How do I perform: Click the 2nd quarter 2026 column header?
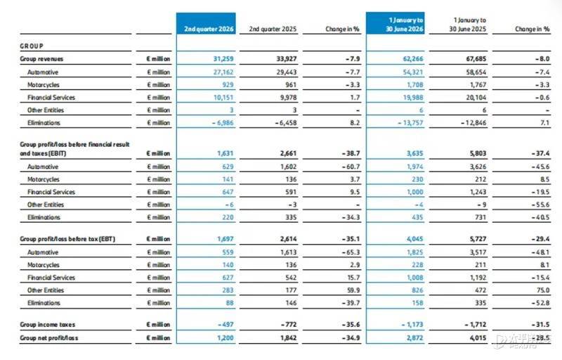[x=209, y=29]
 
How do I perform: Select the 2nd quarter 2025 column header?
[x=273, y=29]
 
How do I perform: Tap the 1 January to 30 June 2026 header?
[x=405, y=25]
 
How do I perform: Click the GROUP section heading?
[x=32, y=46]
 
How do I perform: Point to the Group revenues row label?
[x=41, y=59]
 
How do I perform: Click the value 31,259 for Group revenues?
[x=223, y=59]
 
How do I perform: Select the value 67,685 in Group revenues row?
[x=476, y=59]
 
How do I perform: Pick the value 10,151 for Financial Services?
[x=223, y=98]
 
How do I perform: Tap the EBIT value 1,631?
[x=225, y=153]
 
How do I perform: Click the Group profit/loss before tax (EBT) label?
[x=67, y=239]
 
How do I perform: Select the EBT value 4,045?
[x=414, y=239]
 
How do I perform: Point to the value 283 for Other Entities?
[x=228, y=290]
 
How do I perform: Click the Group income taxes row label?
[x=48, y=325]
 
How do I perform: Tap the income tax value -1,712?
[x=476, y=325]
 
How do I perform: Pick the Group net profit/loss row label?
[x=48, y=337]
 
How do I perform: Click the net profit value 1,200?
[x=225, y=337]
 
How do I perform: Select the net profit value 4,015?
[x=478, y=337]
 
